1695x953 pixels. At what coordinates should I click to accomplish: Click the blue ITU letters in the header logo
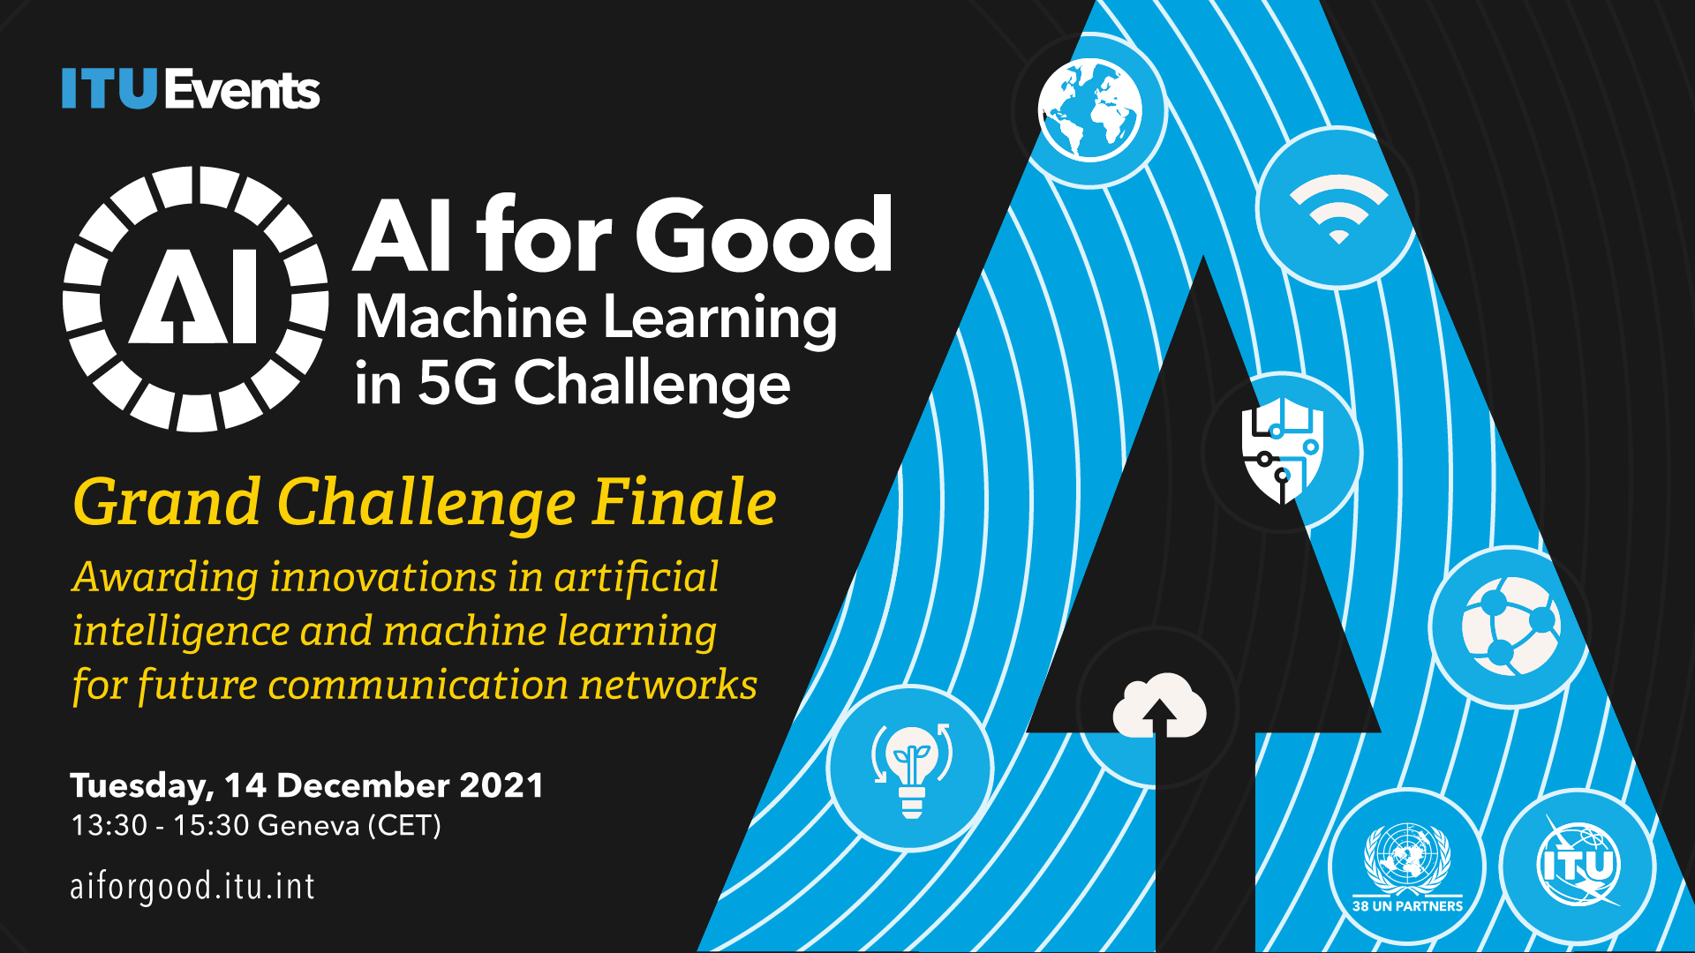109,89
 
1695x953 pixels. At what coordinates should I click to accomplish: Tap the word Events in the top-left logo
242,89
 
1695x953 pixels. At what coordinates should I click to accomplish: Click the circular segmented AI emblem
196,298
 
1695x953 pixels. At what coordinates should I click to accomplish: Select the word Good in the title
765,235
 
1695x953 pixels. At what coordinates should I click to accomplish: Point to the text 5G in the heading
457,383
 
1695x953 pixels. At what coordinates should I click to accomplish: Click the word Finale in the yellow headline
685,502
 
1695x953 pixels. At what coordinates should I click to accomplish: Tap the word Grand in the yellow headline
167,502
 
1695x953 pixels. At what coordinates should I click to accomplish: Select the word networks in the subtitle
668,685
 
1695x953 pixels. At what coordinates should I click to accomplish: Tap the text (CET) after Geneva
404,826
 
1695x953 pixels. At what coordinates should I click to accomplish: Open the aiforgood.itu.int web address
192,886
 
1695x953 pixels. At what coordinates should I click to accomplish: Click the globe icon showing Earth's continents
1090,110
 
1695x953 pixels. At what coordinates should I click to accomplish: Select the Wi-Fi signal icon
1338,208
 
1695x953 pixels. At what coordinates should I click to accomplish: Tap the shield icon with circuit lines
1283,451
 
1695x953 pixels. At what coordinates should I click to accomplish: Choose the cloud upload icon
1159,704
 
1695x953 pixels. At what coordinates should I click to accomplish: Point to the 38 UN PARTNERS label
1407,905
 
